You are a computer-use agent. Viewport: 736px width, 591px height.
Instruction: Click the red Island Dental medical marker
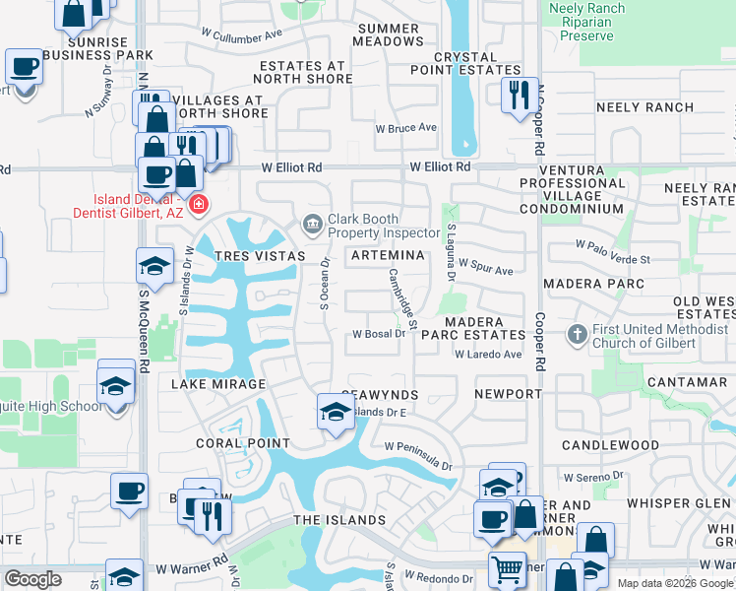tap(199, 205)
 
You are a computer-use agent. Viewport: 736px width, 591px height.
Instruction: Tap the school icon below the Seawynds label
tap(336, 411)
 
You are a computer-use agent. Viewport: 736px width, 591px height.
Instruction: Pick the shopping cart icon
tap(507, 568)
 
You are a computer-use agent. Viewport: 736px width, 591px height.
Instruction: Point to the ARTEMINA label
tap(388, 256)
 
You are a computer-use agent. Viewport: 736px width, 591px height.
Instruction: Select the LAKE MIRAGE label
tap(218, 384)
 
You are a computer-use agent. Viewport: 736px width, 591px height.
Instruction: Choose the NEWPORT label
tap(508, 394)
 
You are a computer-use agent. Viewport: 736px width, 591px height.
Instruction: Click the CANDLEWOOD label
tap(610, 445)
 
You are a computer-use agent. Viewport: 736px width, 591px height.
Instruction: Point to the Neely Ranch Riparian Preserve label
tap(587, 22)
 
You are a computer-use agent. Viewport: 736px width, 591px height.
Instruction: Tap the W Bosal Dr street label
tap(379, 334)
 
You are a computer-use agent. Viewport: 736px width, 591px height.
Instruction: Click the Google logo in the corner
tap(32, 579)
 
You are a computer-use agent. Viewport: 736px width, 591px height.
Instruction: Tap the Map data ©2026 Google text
tap(675, 583)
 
